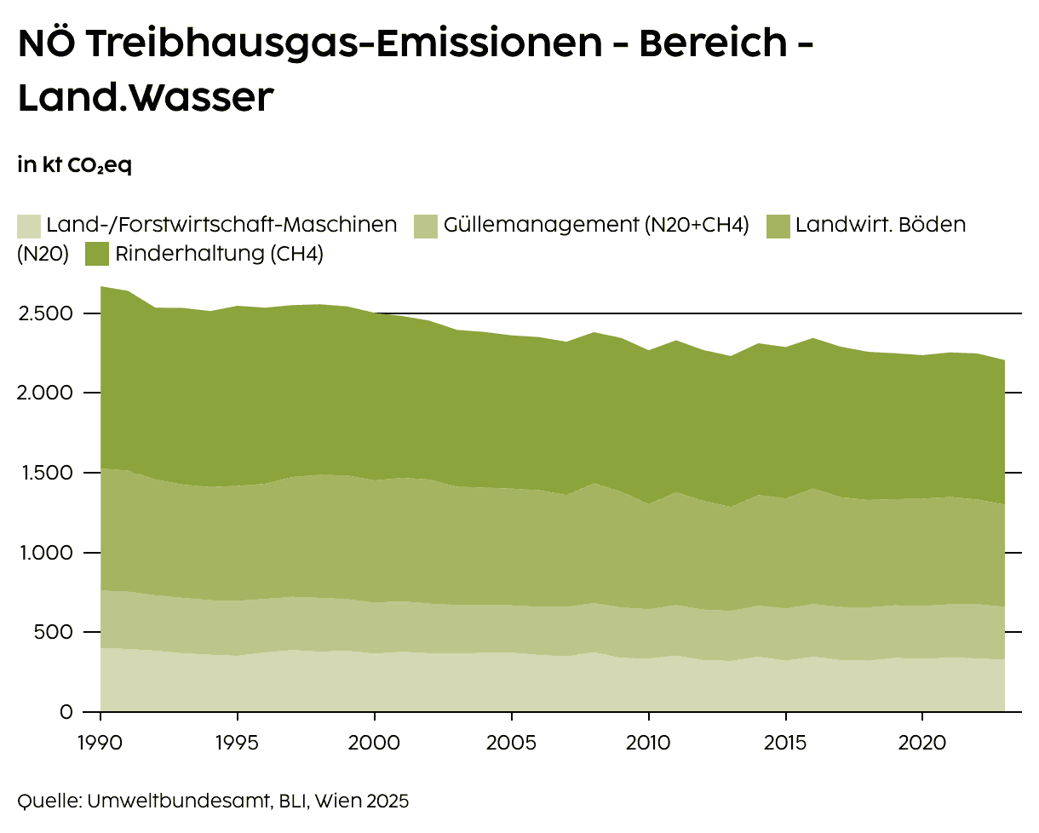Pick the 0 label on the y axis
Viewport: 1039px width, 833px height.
coord(66,711)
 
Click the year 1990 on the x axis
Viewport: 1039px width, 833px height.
coord(100,741)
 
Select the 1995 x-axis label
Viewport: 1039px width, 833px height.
coord(238,741)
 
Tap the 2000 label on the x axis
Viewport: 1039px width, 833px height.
coord(375,741)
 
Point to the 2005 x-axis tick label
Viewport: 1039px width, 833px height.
coord(511,741)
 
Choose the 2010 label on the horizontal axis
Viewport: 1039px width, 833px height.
coord(648,741)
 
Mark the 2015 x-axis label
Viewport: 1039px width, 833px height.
coord(785,741)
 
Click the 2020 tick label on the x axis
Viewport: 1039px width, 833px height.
coord(922,741)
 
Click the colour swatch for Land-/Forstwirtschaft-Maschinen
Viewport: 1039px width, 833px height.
coord(29,226)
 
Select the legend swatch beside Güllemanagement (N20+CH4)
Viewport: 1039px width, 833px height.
coord(426,226)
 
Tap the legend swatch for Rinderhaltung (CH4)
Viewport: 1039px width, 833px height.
coord(98,254)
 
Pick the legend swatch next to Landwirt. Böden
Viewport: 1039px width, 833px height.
coord(778,226)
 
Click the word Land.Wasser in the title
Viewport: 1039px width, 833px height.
coord(146,97)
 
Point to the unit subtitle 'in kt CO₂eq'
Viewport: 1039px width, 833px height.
coord(74,165)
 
